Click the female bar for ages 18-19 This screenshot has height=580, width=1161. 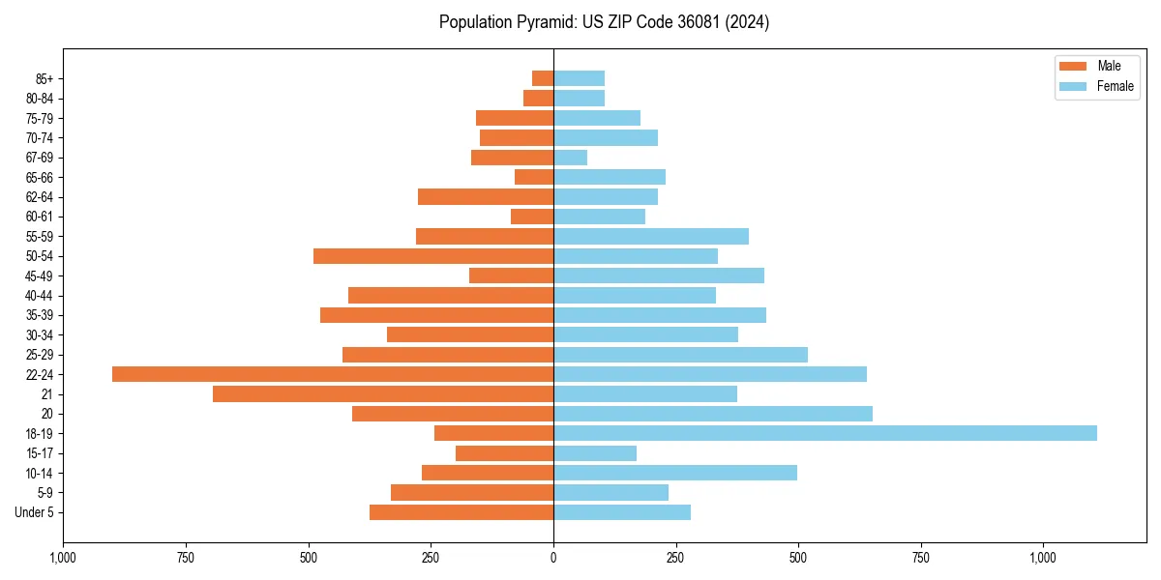824,433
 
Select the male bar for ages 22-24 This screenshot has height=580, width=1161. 333,374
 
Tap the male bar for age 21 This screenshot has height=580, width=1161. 383,393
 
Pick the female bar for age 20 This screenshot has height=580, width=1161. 713,414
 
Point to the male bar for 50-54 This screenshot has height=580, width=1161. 433,256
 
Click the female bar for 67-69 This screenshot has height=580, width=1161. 570,158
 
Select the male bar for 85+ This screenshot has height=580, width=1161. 543,78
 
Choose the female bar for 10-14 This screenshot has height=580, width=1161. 675,473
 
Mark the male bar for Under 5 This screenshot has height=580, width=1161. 461,512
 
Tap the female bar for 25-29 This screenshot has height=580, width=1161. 680,355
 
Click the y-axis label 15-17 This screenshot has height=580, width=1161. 40,453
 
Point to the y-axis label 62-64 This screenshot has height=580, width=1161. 40,197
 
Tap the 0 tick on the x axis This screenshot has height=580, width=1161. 553,558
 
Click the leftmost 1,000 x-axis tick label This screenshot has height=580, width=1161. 63,558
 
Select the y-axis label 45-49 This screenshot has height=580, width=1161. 40,275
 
